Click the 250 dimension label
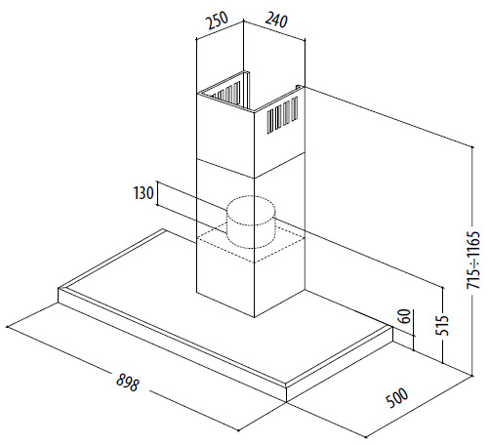point(218,20)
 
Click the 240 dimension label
point(276,20)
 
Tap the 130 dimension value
point(143,193)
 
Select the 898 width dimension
point(128,382)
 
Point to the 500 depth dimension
point(397,397)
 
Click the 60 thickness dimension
point(405,316)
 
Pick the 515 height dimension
point(442,325)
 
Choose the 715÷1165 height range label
point(473,260)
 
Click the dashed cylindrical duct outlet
point(251,222)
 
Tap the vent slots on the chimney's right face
point(283,115)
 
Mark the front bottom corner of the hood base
point(286,402)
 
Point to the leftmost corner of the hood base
point(59,289)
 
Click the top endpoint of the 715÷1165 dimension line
point(472,146)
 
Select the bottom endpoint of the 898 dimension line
point(239,430)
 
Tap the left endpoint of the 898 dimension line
point(7,326)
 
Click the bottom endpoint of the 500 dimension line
point(366,437)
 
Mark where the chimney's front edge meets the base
point(254,317)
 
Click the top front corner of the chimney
point(254,112)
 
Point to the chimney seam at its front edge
point(254,178)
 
